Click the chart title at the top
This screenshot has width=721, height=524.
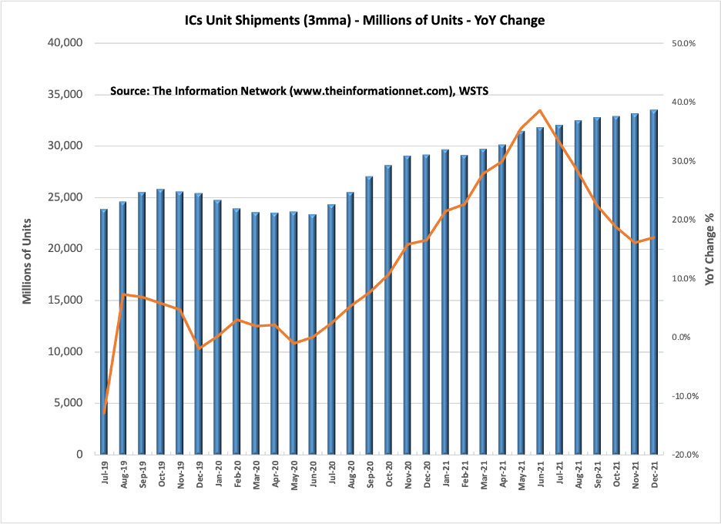pyautogui.click(x=365, y=21)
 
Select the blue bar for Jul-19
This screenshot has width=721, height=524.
pyautogui.click(x=104, y=331)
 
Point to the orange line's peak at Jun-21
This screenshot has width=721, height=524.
pyautogui.click(x=540, y=110)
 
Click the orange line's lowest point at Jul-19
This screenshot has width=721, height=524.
pyautogui.click(x=104, y=413)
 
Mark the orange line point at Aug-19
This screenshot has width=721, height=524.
pyautogui.click(x=123, y=294)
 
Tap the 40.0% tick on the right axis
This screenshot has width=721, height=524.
pyautogui.click(x=683, y=102)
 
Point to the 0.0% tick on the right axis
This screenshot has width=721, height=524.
pyautogui.click(x=685, y=338)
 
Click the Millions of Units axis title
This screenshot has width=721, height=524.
pyautogui.click(x=28, y=249)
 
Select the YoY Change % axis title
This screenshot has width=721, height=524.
pyautogui.click(x=709, y=249)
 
